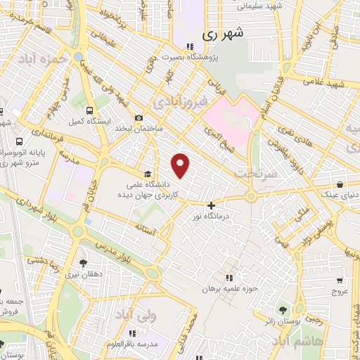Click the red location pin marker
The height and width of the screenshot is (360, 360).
(x=181, y=165)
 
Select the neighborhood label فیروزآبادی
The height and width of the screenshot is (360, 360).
(x=184, y=101)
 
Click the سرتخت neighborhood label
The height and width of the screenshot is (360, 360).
(x=252, y=172)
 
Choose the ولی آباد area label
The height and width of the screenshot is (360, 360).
(x=143, y=318)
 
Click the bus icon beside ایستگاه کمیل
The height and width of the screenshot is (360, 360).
(x=89, y=110)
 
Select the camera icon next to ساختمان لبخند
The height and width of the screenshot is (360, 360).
(x=139, y=117)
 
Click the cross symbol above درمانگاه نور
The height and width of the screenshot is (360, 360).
(x=211, y=205)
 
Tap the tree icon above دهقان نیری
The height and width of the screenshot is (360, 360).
(x=83, y=263)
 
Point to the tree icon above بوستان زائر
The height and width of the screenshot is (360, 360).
(x=283, y=310)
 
